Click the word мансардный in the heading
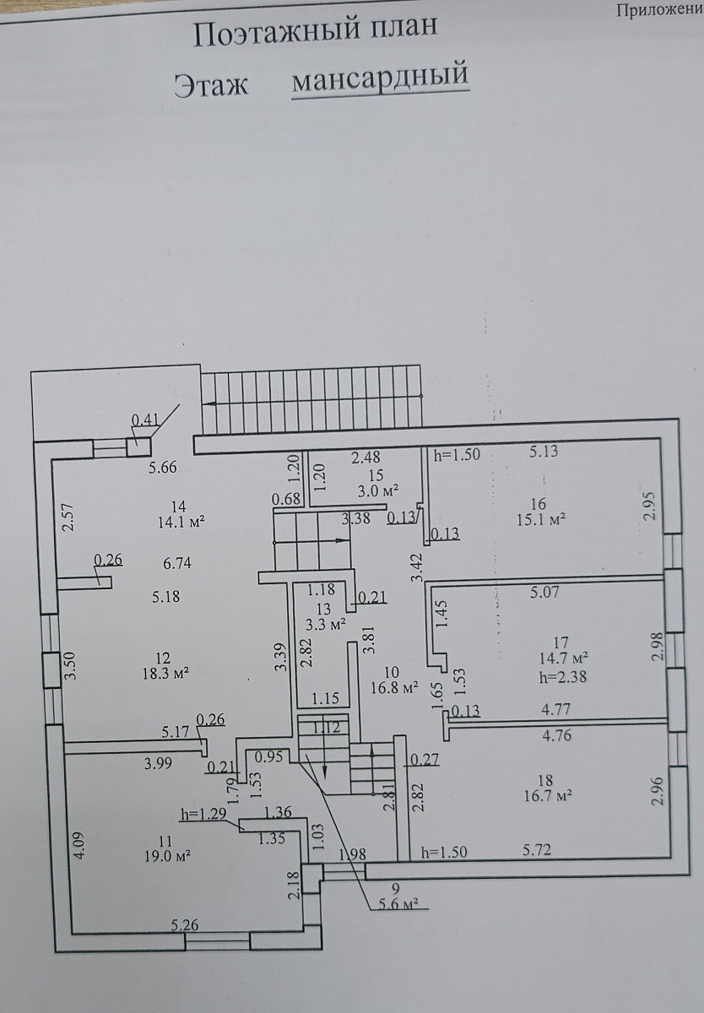[x=380, y=77]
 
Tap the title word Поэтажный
[x=277, y=33]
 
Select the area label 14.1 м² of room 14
[x=181, y=523]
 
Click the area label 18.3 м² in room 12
[x=165, y=674]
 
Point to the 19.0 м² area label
[x=167, y=856]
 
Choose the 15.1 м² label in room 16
[x=541, y=519]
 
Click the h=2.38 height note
[x=563, y=677]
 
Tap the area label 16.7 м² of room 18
[x=549, y=795]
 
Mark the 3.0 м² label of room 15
[x=378, y=490]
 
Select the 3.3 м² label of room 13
[x=326, y=626]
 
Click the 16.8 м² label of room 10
[x=394, y=688]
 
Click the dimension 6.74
[x=177, y=564]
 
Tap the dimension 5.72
[x=537, y=850]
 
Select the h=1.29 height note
[x=203, y=814]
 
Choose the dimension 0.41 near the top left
[x=145, y=420]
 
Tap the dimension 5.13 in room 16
[x=544, y=451]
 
